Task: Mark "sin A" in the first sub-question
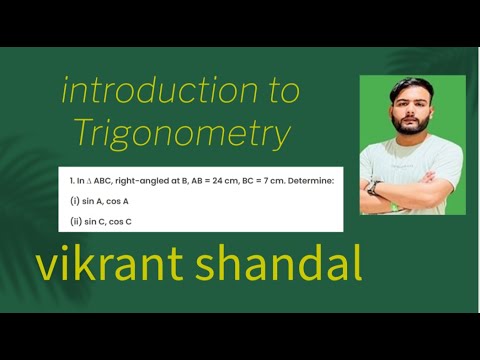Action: pyautogui.click(x=93, y=201)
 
